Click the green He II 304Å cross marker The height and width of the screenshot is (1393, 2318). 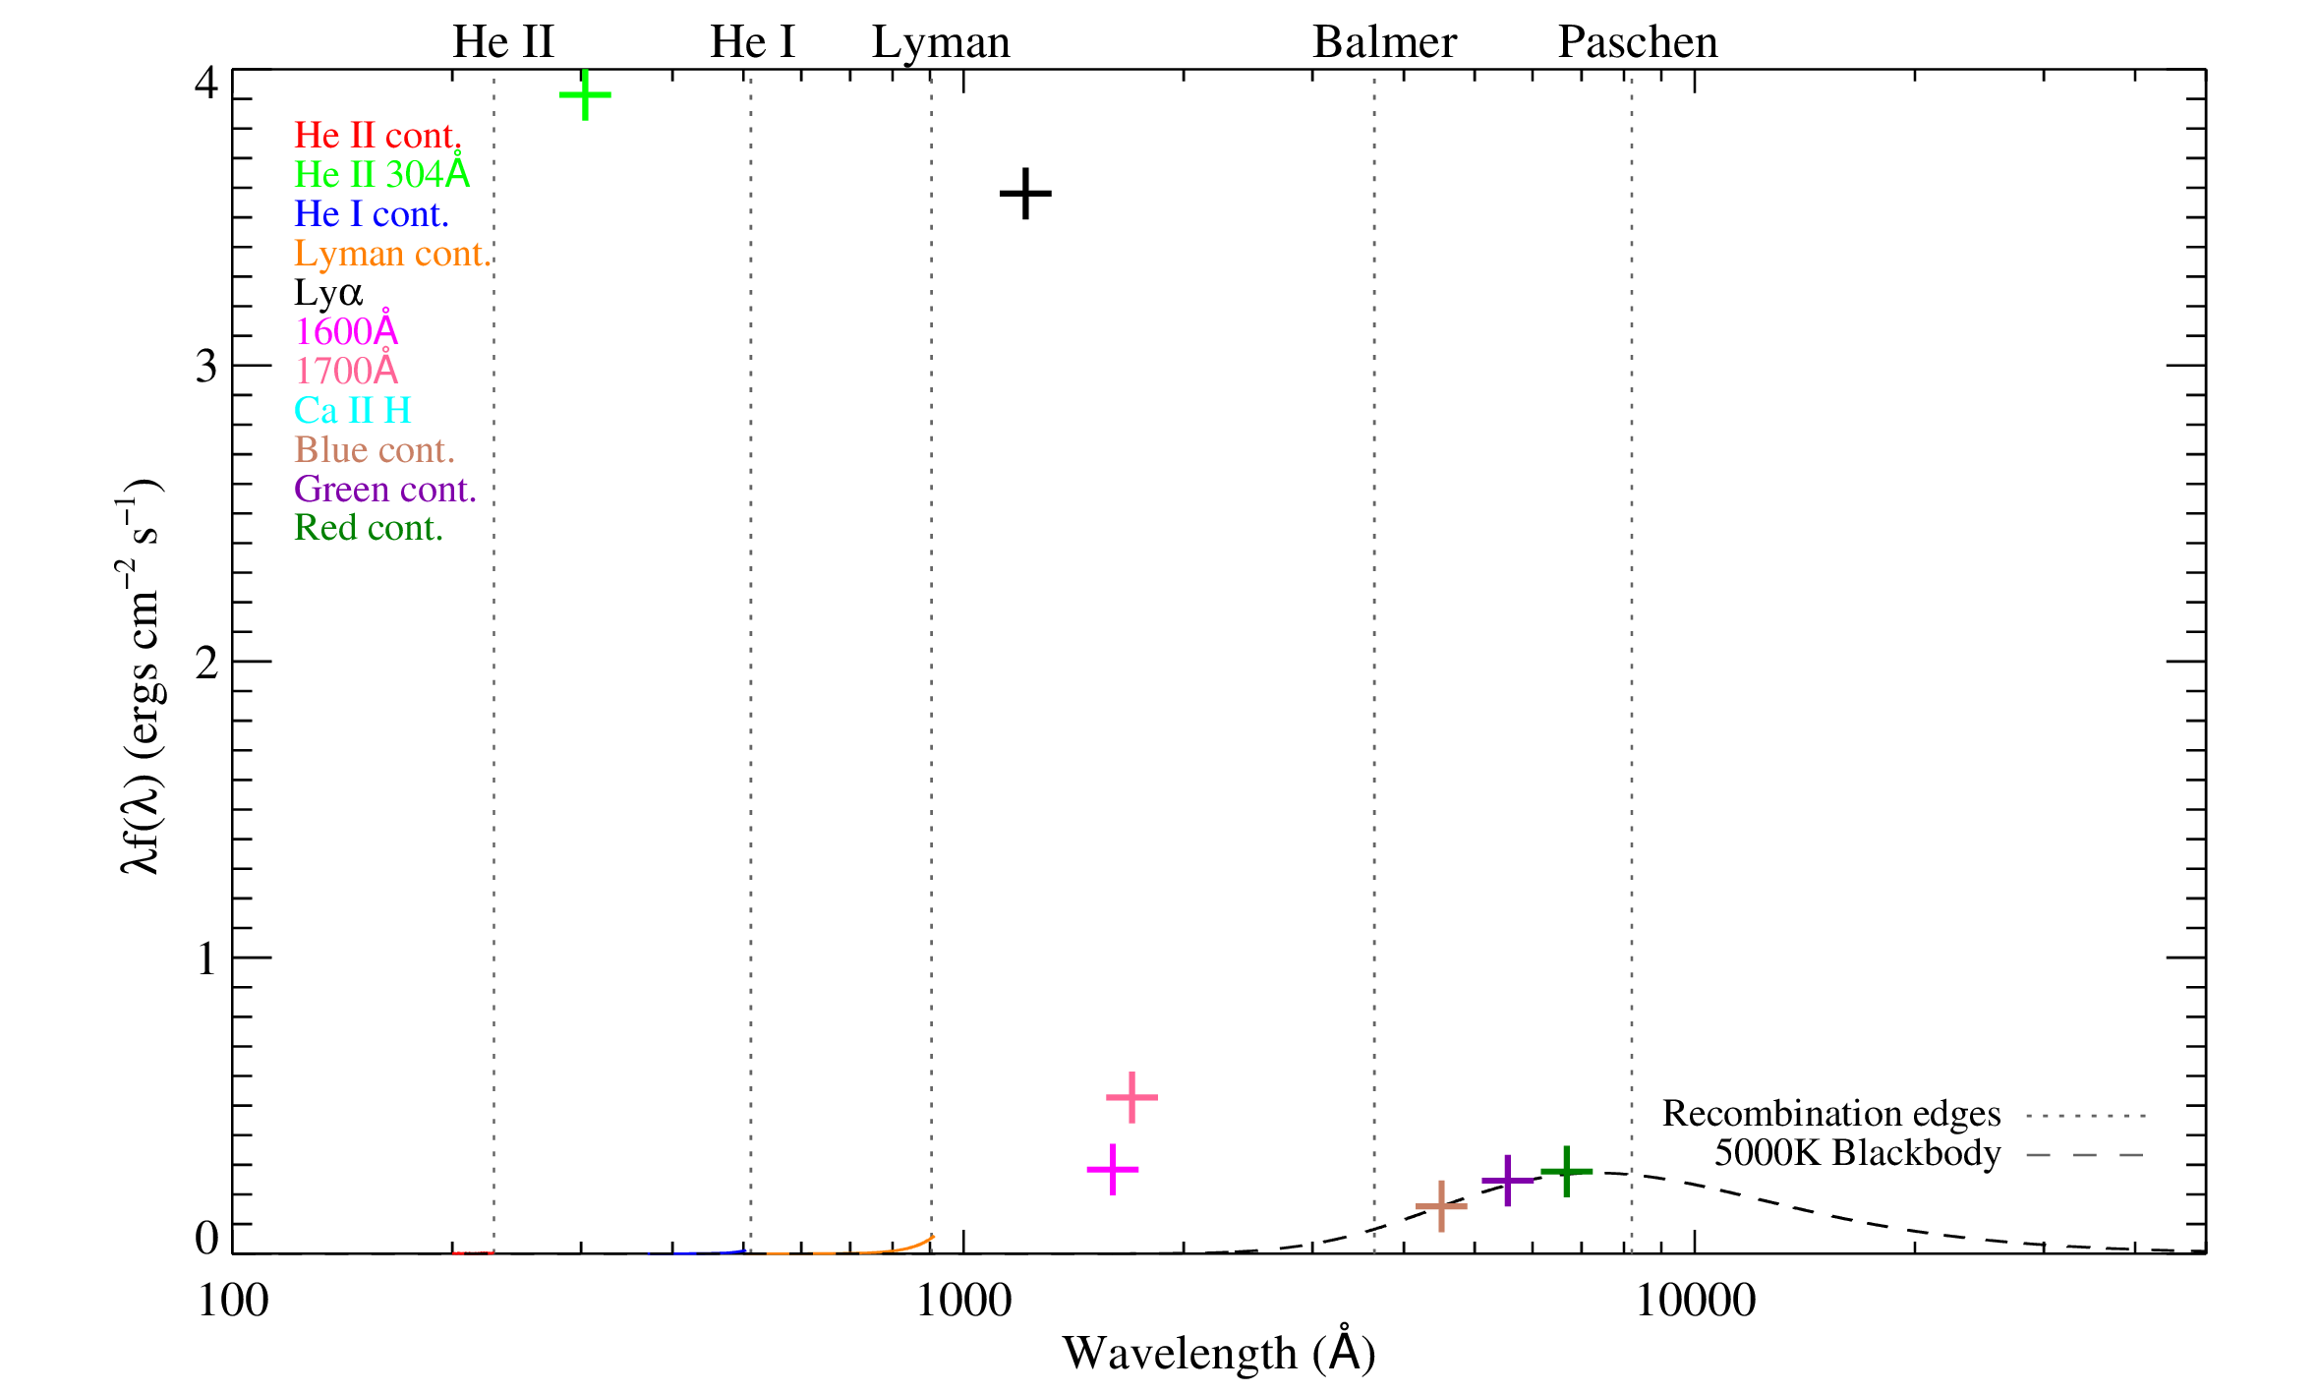click(x=585, y=95)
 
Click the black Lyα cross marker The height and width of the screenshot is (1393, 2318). click(x=1025, y=193)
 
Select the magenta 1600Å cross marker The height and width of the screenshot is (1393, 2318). click(x=1112, y=1169)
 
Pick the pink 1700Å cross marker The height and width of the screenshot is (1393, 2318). click(x=1131, y=1096)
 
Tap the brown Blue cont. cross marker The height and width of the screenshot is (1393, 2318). click(x=1440, y=1206)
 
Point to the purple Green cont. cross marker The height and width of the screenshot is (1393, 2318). click(x=1507, y=1180)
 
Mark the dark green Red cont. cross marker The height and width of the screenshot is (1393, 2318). click(x=1566, y=1171)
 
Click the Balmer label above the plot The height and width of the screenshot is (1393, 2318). click(x=1384, y=42)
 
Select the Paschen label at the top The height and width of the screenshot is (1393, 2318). click(x=1638, y=42)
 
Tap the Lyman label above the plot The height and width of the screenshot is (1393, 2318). click(x=941, y=42)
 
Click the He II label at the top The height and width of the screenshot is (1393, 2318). click(x=502, y=42)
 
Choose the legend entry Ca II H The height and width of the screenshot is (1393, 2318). click(x=352, y=410)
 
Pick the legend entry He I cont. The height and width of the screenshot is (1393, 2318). click(x=372, y=214)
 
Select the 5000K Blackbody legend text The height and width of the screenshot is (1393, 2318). click(x=1857, y=1153)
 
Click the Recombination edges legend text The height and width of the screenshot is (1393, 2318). click(x=1830, y=1113)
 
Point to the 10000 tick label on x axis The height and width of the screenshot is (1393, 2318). click(x=1694, y=1301)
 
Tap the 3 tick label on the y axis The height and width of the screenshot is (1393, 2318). click(x=205, y=367)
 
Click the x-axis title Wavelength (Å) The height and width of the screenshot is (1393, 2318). click(x=1218, y=1353)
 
